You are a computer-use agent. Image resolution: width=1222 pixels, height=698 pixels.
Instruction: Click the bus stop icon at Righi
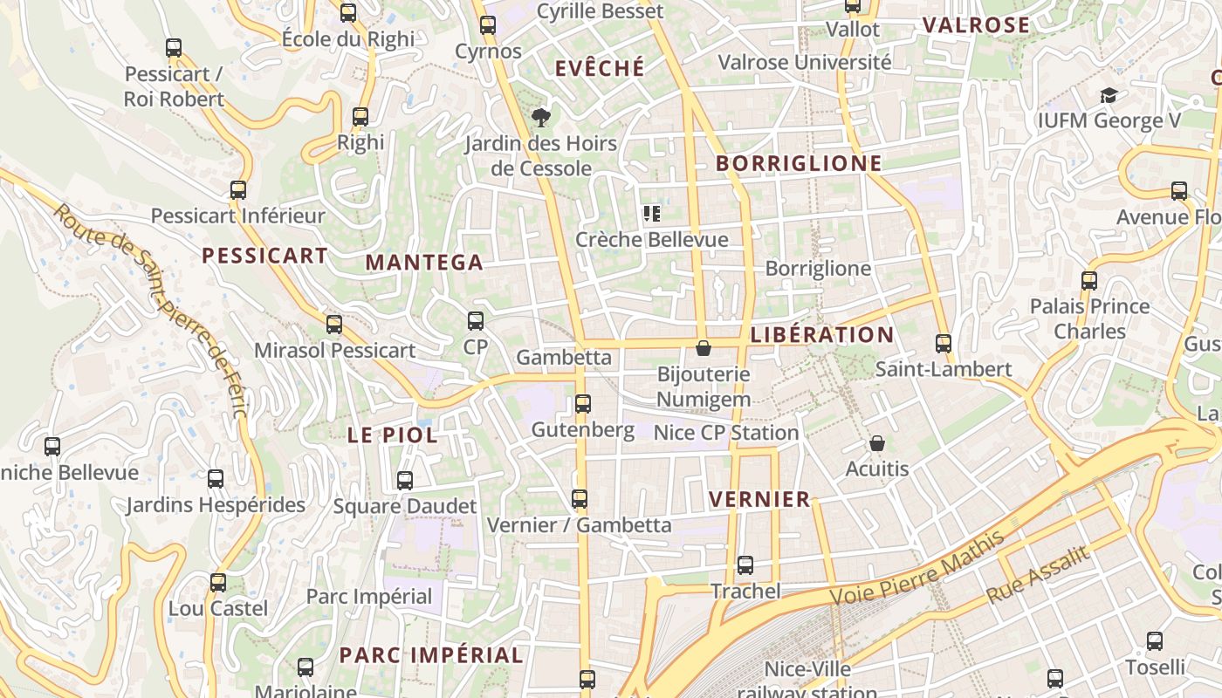click(x=360, y=117)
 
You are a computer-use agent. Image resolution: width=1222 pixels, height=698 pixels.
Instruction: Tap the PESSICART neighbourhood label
click(x=264, y=256)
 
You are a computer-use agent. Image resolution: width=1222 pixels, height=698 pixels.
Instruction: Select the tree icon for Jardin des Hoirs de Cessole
click(x=540, y=117)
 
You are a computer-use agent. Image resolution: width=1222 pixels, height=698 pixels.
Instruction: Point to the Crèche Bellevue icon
click(x=651, y=214)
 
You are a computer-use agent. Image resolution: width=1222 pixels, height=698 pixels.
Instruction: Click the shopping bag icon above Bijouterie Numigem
click(x=704, y=349)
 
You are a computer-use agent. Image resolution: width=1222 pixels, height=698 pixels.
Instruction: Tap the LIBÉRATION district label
click(x=822, y=335)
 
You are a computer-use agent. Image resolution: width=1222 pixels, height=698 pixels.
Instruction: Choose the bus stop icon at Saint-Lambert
click(x=944, y=344)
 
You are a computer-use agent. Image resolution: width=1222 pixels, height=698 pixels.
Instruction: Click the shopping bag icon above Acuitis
click(x=877, y=444)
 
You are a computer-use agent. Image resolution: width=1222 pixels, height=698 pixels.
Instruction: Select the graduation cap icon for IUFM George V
click(x=1109, y=95)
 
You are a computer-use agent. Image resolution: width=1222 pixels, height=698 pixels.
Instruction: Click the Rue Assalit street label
click(x=1038, y=574)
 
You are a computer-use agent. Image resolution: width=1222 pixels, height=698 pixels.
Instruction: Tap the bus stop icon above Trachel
click(x=745, y=565)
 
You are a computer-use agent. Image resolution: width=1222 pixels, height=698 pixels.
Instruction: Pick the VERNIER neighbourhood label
click(x=760, y=499)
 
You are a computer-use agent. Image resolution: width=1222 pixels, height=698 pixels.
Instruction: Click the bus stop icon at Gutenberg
click(x=583, y=404)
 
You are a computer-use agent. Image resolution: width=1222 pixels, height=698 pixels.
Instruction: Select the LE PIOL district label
click(x=393, y=435)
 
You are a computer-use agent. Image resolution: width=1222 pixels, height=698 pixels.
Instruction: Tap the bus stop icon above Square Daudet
click(x=405, y=481)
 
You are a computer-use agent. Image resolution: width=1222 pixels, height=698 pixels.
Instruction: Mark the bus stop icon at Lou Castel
click(x=218, y=583)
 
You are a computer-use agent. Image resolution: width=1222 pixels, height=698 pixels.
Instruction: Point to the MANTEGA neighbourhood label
click(x=424, y=263)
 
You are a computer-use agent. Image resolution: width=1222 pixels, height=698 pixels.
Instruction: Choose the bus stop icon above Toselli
click(x=1155, y=641)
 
